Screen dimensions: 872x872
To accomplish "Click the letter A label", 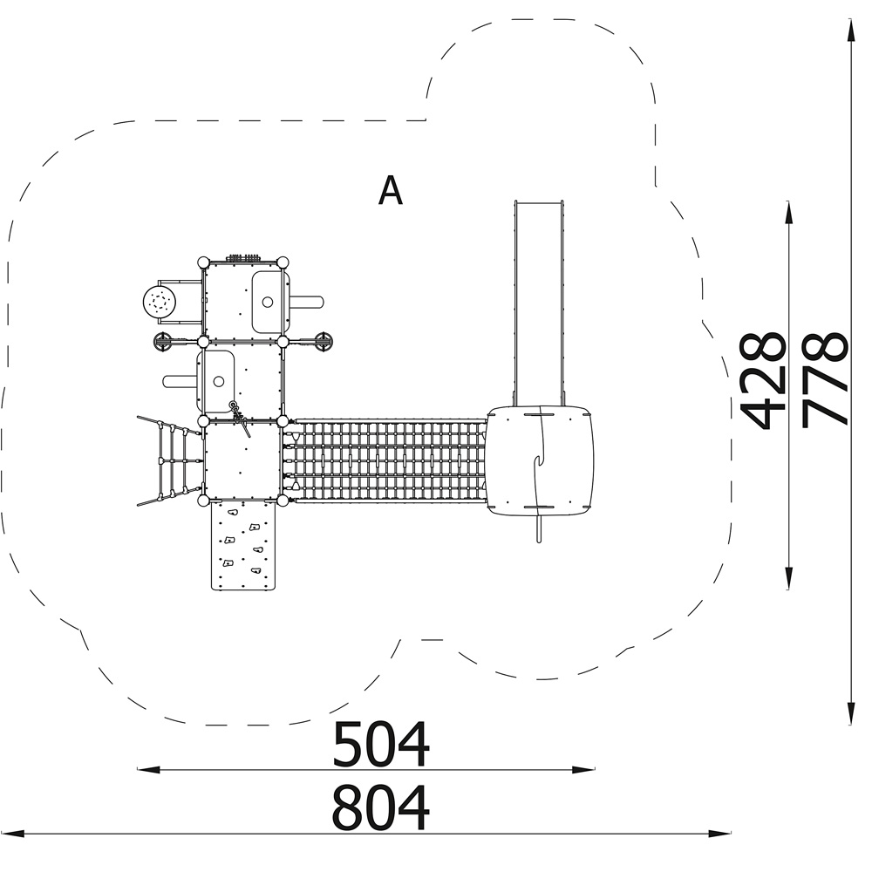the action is (x=390, y=190).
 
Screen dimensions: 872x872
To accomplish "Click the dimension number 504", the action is (x=381, y=744).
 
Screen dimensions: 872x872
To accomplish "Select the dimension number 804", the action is (x=381, y=807).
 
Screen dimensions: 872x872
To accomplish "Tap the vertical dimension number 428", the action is (x=762, y=382).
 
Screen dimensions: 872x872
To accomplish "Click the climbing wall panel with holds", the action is (x=243, y=545).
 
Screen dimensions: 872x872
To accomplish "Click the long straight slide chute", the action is (x=539, y=303).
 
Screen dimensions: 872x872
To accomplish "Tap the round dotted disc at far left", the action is (x=160, y=303).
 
